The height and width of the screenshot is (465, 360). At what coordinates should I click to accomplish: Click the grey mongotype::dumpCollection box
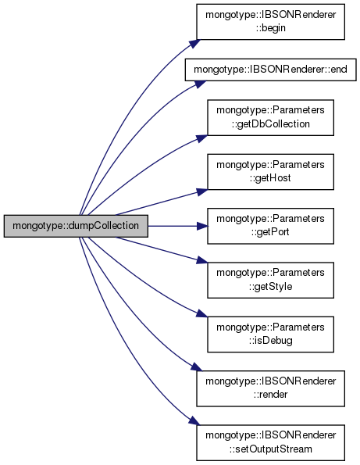[x=76, y=226]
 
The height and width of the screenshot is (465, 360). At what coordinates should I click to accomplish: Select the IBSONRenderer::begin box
[x=270, y=22]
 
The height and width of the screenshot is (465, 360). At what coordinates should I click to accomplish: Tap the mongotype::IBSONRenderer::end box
[x=270, y=70]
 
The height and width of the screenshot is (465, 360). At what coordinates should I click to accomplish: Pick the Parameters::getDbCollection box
[x=270, y=118]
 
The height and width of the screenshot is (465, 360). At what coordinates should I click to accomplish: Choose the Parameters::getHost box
[x=270, y=172]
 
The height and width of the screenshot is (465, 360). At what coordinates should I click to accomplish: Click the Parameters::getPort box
[x=270, y=226]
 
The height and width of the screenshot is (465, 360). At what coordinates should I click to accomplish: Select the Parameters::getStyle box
[x=270, y=281]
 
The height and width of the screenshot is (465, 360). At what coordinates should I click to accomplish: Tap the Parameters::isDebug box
[x=270, y=334]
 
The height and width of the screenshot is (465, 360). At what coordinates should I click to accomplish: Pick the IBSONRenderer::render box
[x=270, y=388]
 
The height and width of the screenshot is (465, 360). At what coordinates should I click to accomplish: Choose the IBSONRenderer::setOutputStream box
[x=270, y=443]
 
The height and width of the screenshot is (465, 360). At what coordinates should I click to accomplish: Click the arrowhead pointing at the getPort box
[x=202, y=226]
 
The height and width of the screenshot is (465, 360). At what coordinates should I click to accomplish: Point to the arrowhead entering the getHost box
[x=202, y=191]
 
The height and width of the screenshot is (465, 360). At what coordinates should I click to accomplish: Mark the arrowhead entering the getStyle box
[x=202, y=260]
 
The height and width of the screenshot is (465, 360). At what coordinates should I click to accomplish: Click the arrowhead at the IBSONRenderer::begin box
[x=195, y=43]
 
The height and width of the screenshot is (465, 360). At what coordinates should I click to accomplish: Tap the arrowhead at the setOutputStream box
[x=195, y=421]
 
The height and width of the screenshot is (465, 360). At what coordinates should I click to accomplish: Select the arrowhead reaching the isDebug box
[x=202, y=314]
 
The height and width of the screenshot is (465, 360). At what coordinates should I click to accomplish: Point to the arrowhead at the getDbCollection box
[x=202, y=138]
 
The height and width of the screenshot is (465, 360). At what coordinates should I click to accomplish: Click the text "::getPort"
[x=270, y=232]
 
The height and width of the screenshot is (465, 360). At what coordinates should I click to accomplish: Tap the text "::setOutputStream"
[x=270, y=449]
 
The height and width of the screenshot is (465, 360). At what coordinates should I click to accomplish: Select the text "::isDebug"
[x=270, y=341]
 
